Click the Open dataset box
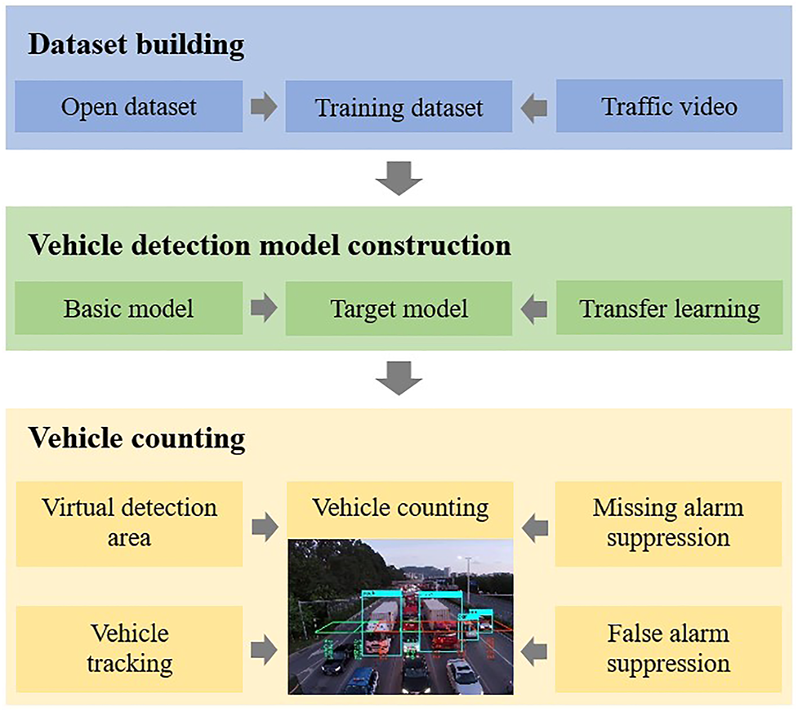129,106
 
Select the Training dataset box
399,106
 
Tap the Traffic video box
669,106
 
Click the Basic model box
129,309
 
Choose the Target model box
399,309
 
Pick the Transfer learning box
669,309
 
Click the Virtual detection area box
129,523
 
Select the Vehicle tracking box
129,648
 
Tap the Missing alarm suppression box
669,523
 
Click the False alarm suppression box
669,648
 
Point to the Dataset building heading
136,45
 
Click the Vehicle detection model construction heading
270,245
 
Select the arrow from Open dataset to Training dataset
264,107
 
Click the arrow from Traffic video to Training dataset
534,107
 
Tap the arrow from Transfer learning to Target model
534,309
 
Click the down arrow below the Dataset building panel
399,178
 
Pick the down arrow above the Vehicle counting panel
399,379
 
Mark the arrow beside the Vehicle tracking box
264,650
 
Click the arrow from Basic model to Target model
264,309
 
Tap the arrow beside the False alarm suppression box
534,650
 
